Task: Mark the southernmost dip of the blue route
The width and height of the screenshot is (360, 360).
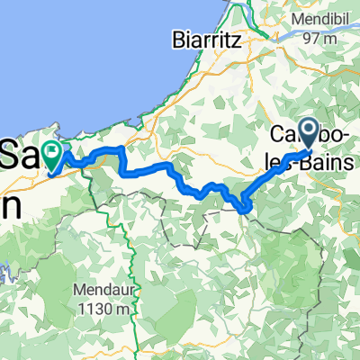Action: (x=243, y=210)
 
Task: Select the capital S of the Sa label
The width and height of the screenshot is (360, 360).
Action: (x=13, y=154)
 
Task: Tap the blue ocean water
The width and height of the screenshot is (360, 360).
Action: (x=90, y=54)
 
